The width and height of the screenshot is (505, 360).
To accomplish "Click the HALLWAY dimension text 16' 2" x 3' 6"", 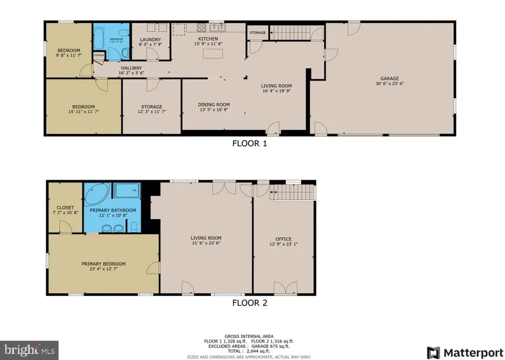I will click(131, 73).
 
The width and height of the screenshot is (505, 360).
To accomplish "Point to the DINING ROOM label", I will click(213, 104).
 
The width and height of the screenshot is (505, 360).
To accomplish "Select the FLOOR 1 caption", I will click(250, 143).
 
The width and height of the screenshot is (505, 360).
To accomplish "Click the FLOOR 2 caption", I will click(250, 303).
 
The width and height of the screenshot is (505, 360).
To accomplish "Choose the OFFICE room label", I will click(283, 239).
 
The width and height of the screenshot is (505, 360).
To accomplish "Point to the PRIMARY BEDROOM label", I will click(103, 264).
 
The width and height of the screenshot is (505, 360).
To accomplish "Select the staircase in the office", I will click(292, 194).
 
